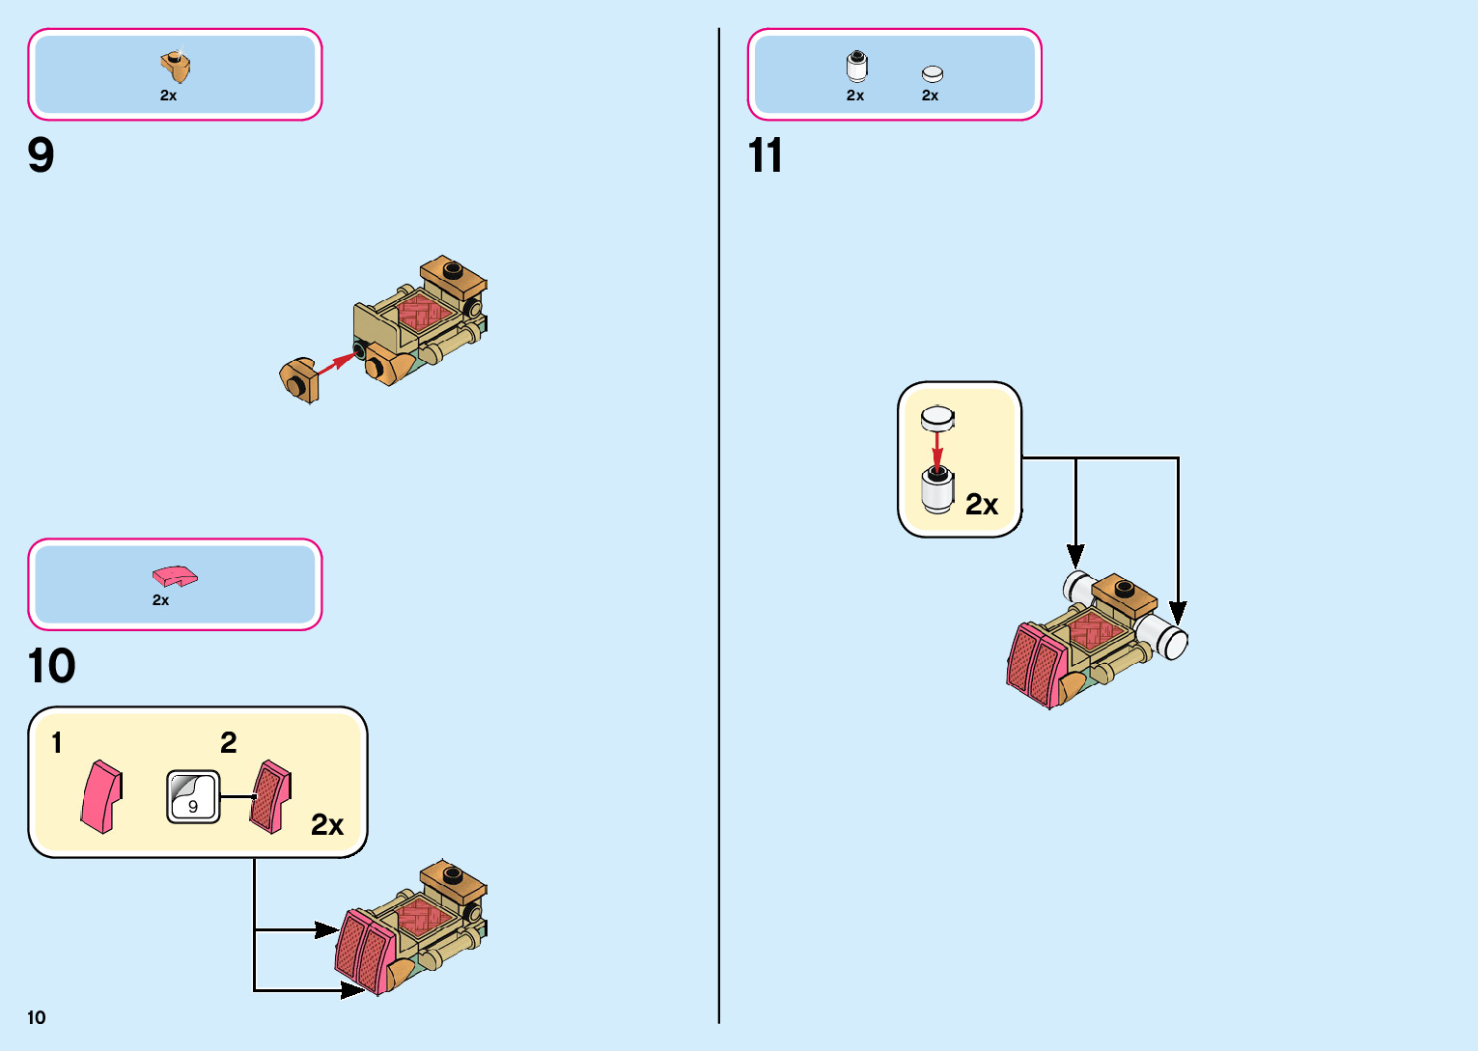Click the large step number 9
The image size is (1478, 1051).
[x=42, y=155]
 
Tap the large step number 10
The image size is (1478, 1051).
[x=51, y=666]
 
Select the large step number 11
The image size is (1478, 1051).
[x=765, y=155]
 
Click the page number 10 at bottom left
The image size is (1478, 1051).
[x=37, y=1017]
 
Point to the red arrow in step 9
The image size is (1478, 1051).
[x=334, y=367]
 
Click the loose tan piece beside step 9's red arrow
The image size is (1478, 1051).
[x=298, y=380]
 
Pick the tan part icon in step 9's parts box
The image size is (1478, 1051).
[x=175, y=67]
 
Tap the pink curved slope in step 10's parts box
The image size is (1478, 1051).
[x=174, y=576]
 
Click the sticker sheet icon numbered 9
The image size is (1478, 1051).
[x=193, y=796]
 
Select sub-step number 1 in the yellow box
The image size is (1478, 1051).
[x=57, y=742]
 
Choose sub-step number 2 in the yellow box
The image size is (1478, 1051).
[x=228, y=742]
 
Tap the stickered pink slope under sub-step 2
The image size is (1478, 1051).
[x=270, y=796]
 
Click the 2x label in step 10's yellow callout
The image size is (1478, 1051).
[x=327, y=825]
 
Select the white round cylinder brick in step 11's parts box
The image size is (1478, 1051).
[x=856, y=67]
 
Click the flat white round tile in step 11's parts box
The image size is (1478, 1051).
[x=932, y=74]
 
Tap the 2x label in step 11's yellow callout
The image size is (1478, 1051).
[x=982, y=505]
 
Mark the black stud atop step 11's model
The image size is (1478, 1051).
[x=1123, y=587]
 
